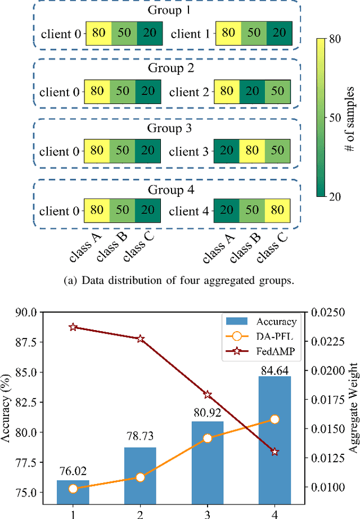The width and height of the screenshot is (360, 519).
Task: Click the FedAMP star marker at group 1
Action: click(73, 327)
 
